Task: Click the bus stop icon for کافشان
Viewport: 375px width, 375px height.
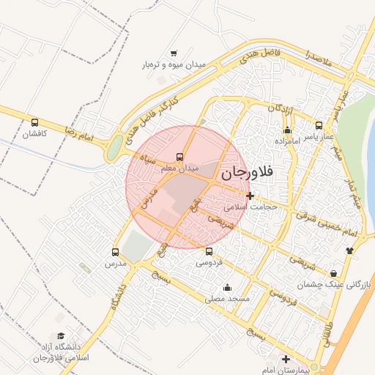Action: (35, 122)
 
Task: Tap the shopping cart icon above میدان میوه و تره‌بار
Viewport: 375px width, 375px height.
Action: (174, 53)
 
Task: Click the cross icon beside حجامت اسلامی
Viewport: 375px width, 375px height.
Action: (250, 196)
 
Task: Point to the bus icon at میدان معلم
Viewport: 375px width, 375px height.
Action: (180, 157)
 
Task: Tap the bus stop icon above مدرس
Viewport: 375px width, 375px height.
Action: (115, 251)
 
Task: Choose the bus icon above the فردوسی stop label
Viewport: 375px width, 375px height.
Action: (209, 251)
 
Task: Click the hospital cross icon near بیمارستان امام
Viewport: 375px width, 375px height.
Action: (286, 360)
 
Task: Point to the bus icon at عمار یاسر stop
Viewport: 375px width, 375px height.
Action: (319, 125)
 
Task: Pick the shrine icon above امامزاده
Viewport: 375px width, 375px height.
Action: (287, 128)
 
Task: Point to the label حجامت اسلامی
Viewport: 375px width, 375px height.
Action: (250, 207)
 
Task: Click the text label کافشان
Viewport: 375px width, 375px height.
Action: (34, 134)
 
